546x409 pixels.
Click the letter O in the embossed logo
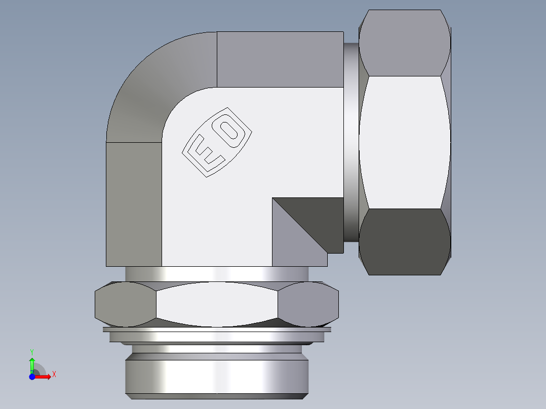[x=231, y=130]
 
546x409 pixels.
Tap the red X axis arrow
[x=45, y=377]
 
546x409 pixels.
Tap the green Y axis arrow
[x=32, y=363]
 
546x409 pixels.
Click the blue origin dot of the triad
[x=32, y=377]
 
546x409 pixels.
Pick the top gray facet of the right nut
[x=404, y=43]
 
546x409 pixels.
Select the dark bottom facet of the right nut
[x=404, y=242]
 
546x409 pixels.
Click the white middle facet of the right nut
[x=404, y=142]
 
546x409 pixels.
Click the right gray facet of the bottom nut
[x=308, y=304]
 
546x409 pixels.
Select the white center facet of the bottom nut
[x=217, y=304]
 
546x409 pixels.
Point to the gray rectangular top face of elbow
[x=280, y=59]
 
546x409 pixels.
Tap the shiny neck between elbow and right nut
[x=351, y=142]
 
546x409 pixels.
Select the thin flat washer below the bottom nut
[x=217, y=330]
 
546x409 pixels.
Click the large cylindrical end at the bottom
[x=217, y=377]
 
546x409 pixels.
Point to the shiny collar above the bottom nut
[x=217, y=274]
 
